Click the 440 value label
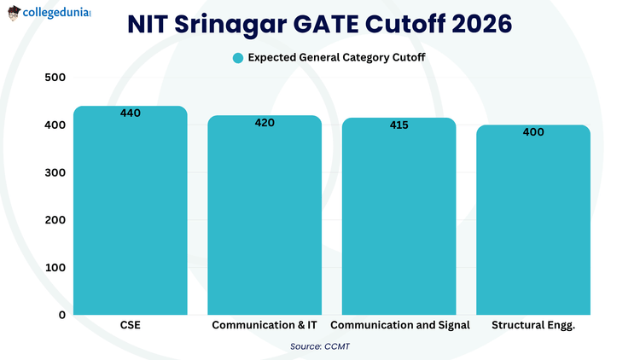coord(131,113)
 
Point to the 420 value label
coord(265,123)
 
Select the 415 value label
coord(399,125)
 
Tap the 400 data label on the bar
coord(533,132)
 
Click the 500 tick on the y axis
coord(55,78)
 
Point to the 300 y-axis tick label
coord(55,172)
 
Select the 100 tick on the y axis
coord(55,267)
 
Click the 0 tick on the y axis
coord(62,315)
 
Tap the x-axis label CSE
coord(131,326)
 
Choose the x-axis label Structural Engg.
coord(533,326)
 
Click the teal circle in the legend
coord(238,58)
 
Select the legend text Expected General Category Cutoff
coord(336,58)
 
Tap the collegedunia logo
coord(49,15)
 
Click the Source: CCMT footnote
coord(320,346)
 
